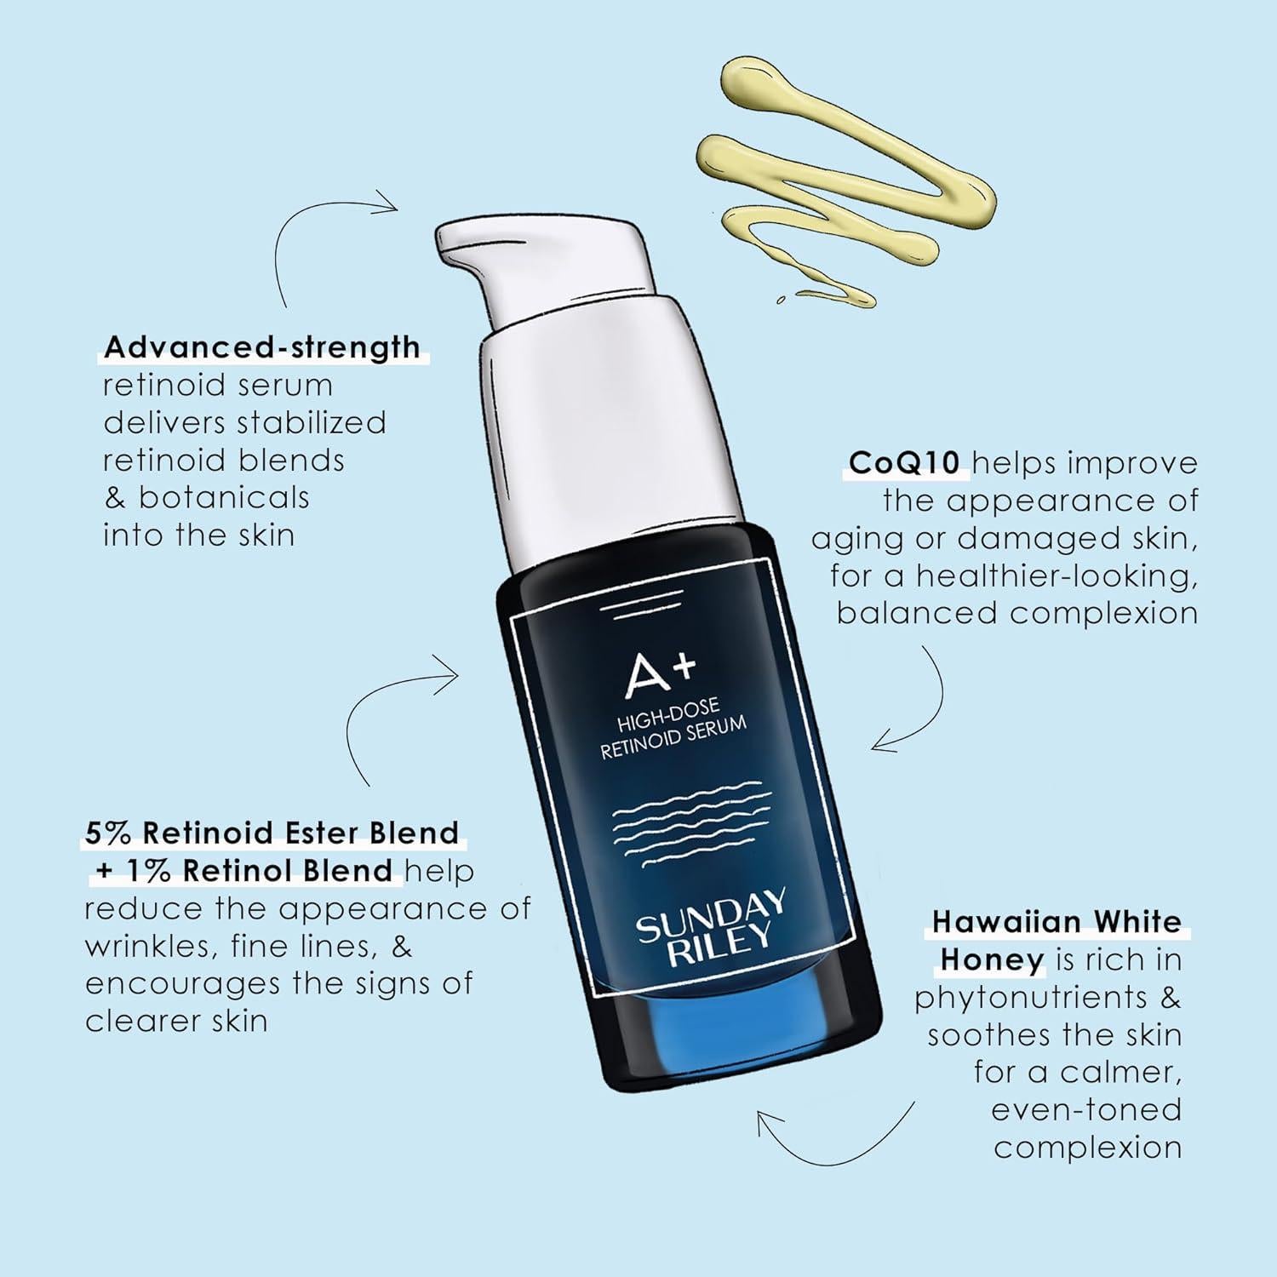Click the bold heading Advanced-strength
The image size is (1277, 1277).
tap(261, 347)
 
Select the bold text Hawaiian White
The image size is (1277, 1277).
tap(1057, 921)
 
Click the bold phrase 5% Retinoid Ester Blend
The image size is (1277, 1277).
tap(272, 832)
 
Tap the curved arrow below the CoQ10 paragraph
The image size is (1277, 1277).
tap(915, 707)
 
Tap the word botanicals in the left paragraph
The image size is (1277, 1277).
tap(224, 497)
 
